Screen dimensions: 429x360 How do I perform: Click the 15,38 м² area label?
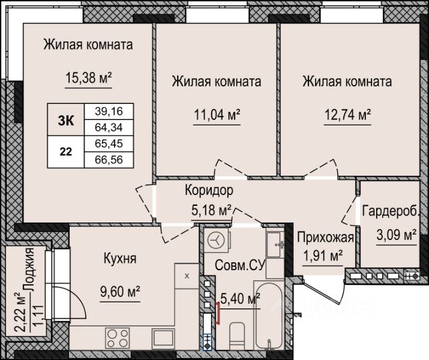(88, 78)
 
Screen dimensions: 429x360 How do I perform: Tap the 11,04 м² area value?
(217, 115)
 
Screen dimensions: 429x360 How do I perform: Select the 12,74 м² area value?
(347, 115)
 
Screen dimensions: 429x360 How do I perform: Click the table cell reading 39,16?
(109, 111)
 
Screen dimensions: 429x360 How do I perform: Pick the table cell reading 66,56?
(109, 160)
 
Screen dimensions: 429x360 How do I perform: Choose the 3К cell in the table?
(66, 120)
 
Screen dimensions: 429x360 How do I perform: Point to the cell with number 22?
(66, 152)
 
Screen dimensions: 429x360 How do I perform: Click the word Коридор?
(209, 190)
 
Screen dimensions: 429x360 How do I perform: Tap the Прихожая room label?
(326, 237)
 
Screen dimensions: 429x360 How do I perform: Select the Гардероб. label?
(391, 211)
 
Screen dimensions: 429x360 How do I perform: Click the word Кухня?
(120, 258)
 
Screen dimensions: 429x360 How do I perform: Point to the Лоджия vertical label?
(29, 270)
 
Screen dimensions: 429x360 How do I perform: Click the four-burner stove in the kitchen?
(118, 338)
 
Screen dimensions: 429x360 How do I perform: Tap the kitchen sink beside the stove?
(164, 338)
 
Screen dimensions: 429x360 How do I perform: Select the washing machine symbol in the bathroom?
(217, 240)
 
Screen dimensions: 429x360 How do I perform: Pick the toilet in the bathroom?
(237, 337)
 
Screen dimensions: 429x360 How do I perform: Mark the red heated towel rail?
(218, 313)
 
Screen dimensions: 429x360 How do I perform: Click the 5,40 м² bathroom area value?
(240, 298)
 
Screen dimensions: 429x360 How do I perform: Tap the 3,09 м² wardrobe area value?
(396, 235)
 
